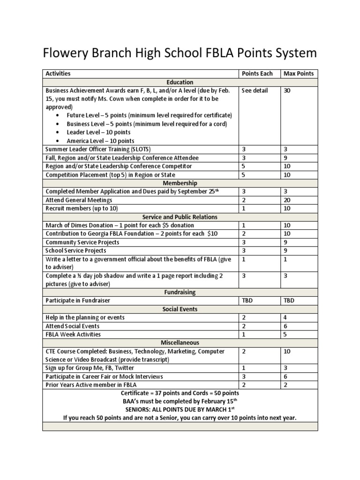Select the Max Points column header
pos(299,74)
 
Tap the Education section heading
pos(180,82)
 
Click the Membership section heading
pos(180,183)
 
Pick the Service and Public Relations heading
pos(180,217)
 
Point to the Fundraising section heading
pos(180,292)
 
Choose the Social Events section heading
pos(180,309)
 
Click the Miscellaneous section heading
pos(180,343)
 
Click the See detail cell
pos(255,90)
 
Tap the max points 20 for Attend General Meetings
pos(287,200)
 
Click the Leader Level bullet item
pos(98,133)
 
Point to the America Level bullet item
pos(100,141)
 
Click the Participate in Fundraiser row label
pos(78,300)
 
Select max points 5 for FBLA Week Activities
pos(285,334)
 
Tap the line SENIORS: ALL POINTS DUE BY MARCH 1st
pos(180,409)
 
